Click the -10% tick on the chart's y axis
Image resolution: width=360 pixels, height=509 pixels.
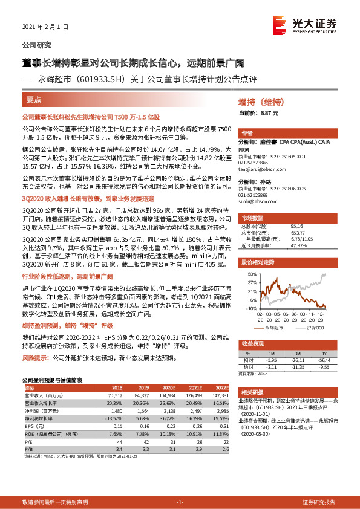point(251,308)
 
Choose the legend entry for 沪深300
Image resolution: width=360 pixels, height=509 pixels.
point(315,327)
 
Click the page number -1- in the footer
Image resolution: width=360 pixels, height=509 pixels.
point(179,502)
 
